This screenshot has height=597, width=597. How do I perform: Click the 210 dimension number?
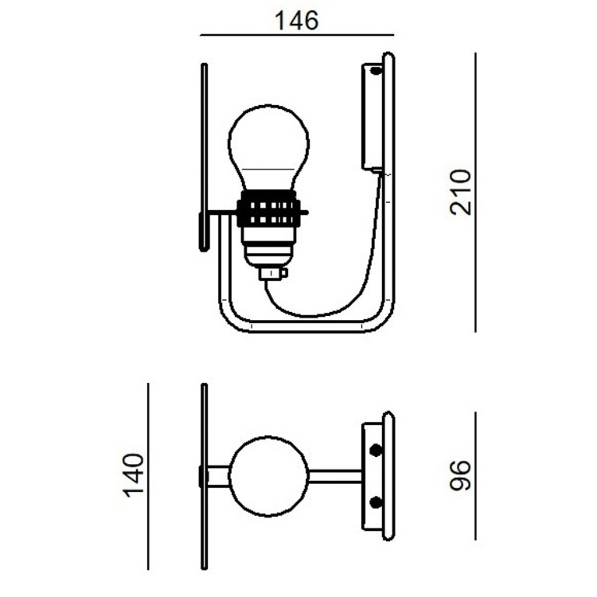[460, 193]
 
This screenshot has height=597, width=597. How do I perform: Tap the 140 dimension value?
[133, 475]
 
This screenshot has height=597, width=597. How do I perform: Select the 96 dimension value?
[460, 475]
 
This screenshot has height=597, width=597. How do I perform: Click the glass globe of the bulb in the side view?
[269, 146]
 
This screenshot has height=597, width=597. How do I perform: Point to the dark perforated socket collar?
[269, 209]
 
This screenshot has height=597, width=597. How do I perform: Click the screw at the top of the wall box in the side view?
[376, 70]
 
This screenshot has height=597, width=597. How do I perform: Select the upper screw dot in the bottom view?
[376, 450]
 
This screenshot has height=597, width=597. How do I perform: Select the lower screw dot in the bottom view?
[376, 502]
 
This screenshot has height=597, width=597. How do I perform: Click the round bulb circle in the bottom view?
[269, 476]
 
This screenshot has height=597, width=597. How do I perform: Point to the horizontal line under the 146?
[297, 35]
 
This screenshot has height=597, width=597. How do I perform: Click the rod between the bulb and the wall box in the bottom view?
[335, 476]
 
